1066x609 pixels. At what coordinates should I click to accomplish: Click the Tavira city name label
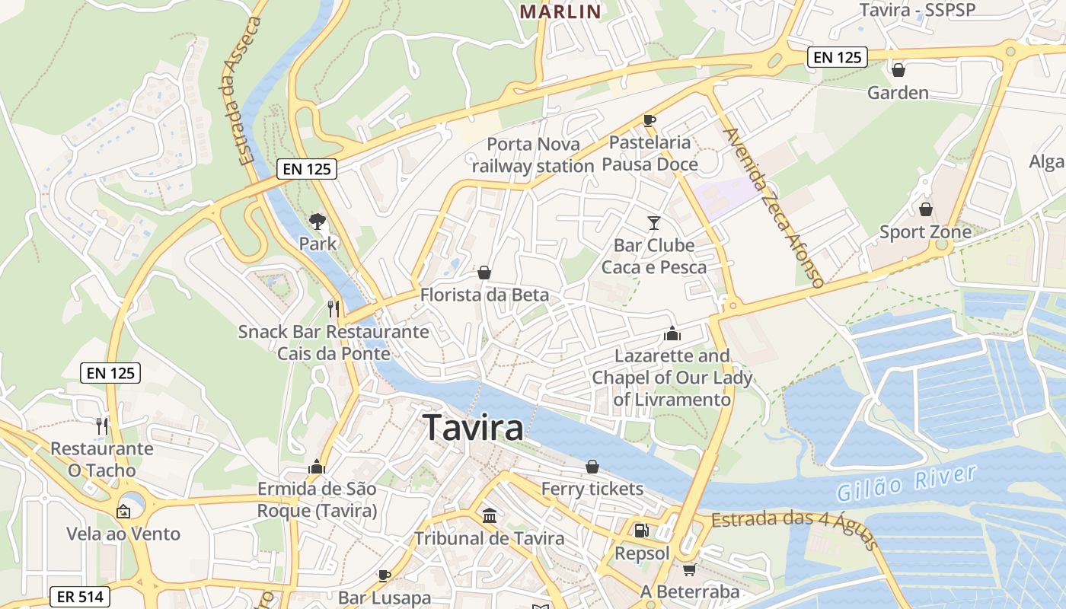click(473, 428)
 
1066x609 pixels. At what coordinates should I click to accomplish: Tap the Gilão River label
click(906, 483)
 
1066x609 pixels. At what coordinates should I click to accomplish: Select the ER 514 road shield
click(80, 597)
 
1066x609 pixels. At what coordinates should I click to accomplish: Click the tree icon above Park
click(318, 222)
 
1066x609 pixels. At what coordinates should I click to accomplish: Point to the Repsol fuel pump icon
click(642, 530)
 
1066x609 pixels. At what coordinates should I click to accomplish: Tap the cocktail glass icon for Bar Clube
click(653, 222)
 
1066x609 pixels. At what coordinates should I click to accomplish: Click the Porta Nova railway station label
click(533, 155)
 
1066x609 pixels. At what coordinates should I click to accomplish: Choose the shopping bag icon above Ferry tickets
click(592, 467)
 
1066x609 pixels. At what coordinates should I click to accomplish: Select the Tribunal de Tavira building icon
click(490, 516)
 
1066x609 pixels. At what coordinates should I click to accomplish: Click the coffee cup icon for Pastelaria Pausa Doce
click(649, 120)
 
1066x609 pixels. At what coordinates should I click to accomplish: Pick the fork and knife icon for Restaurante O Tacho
click(102, 426)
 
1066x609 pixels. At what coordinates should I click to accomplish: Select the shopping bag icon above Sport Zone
click(926, 209)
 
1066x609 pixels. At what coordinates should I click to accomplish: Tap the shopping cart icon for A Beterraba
click(689, 569)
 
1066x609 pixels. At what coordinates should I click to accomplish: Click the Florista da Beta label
click(484, 295)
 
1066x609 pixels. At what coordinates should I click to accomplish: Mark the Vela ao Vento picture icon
click(123, 512)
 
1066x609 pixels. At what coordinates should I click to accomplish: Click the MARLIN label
click(560, 11)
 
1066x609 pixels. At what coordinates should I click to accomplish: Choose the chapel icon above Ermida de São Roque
click(317, 467)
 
